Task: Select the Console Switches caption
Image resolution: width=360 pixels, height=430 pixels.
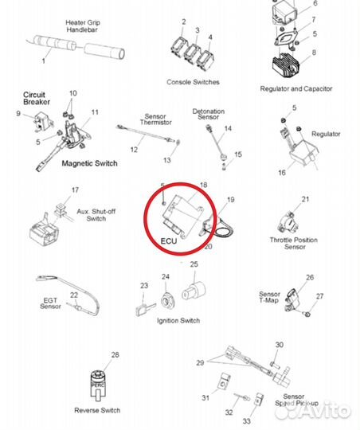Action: pyautogui.click(x=193, y=82)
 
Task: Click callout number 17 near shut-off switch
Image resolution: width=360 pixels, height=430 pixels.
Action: pyautogui.click(x=75, y=190)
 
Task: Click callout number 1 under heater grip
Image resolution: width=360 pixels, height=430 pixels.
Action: pyautogui.click(x=44, y=61)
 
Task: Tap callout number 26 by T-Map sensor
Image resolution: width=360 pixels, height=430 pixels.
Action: pyautogui.click(x=310, y=278)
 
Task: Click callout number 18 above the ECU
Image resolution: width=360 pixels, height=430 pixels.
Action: pyautogui.click(x=203, y=185)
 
